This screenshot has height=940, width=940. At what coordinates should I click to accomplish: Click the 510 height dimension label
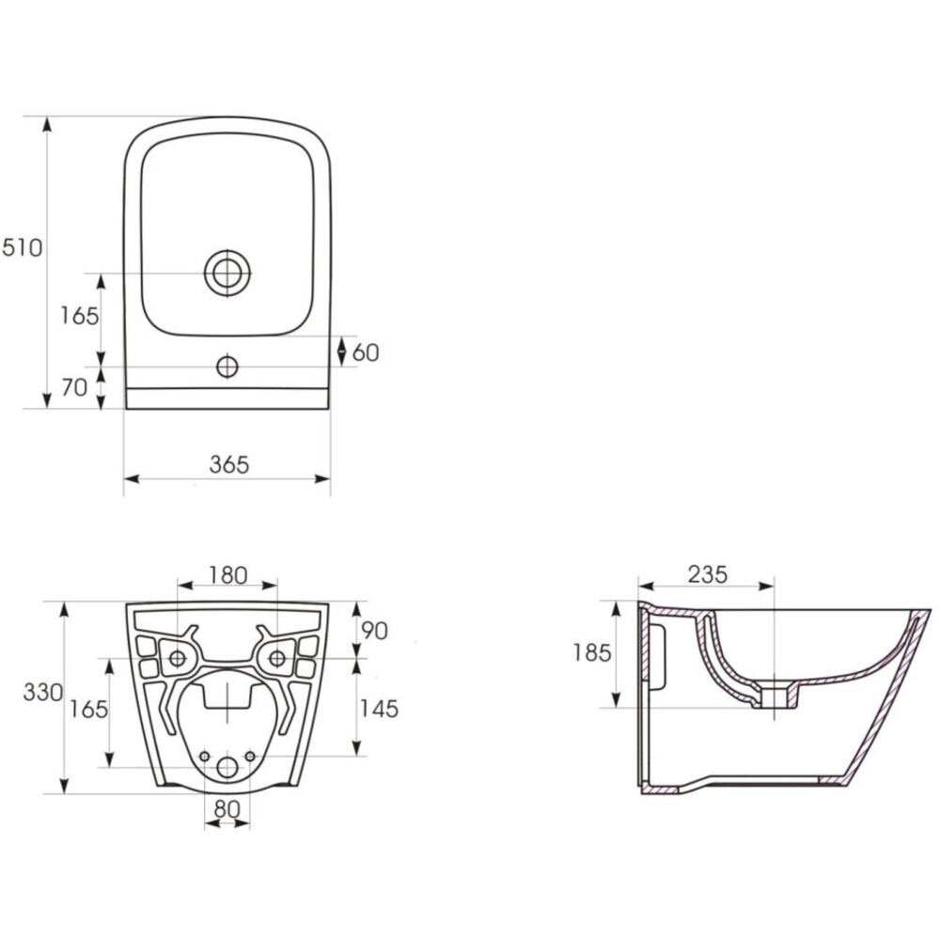[x=23, y=247]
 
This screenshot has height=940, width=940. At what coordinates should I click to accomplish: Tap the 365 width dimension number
[x=229, y=464]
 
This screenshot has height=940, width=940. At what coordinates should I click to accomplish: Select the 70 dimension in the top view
[x=75, y=388]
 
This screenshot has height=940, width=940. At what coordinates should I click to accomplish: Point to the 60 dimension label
[x=366, y=352]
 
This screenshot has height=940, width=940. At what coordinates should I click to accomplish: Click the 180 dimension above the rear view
[x=227, y=575]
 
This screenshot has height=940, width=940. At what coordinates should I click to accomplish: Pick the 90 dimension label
[x=375, y=631]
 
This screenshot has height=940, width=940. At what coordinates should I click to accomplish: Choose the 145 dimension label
[x=379, y=709]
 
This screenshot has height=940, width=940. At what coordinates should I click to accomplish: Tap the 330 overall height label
[x=43, y=693]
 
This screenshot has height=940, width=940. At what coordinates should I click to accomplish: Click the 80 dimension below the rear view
[x=227, y=808]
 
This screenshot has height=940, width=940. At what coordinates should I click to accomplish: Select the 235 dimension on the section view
[x=708, y=574]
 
